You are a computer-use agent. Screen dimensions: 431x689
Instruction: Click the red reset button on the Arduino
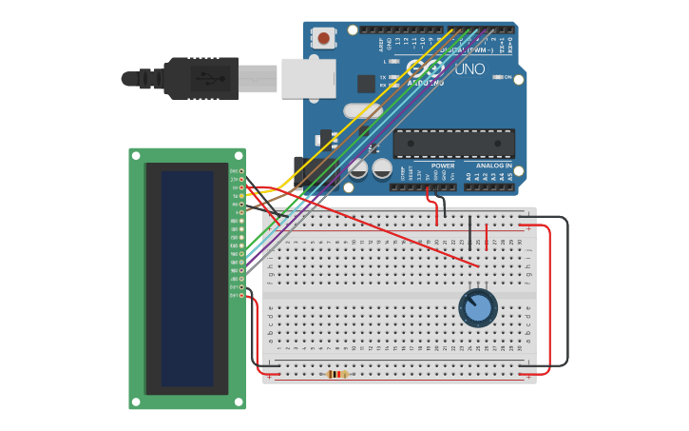[x=324, y=38]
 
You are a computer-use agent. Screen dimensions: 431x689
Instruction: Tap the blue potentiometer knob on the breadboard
[x=478, y=307]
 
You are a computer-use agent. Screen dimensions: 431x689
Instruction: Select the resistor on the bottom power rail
[x=337, y=374]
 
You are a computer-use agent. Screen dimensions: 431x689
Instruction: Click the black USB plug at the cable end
[x=201, y=78]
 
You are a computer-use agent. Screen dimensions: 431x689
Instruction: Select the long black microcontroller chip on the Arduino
[x=453, y=144]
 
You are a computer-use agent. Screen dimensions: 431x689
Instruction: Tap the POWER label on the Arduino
[x=443, y=166]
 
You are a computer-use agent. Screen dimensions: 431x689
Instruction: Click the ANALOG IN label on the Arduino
[x=493, y=166]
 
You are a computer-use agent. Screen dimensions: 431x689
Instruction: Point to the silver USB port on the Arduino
[x=308, y=78]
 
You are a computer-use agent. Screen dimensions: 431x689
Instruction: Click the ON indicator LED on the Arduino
[x=496, y=77]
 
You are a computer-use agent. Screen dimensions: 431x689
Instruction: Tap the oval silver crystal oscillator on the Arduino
[x=364, y=111]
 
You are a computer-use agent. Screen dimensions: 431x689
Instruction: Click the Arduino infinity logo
[x=425, y=69]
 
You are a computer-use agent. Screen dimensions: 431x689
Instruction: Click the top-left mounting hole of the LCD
[x=136, y=155]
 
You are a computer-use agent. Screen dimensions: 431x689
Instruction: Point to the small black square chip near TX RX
[x=366, y=83]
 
